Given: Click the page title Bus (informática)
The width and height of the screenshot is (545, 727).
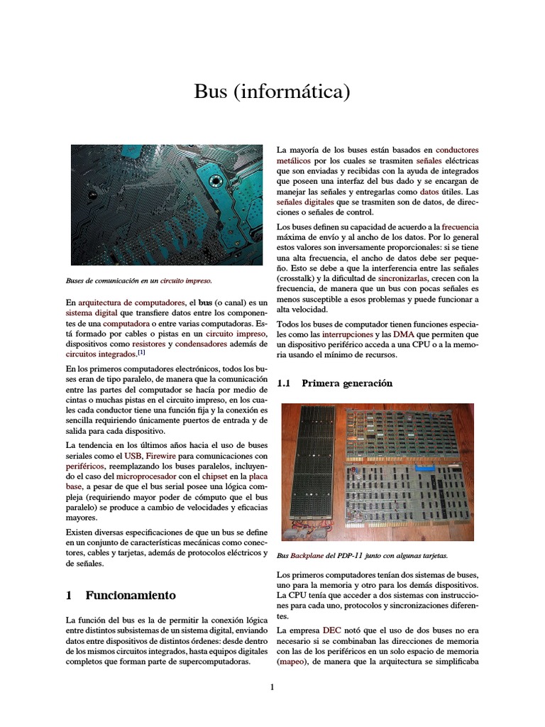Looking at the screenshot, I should click(272, 92).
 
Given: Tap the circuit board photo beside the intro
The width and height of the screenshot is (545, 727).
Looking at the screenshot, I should click(167, 204).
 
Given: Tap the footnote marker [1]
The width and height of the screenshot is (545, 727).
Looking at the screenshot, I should click(142, 352).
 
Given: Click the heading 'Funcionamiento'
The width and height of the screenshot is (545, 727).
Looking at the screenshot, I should click(131, 595).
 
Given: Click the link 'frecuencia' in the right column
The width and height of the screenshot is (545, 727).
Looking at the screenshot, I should click(460, 226).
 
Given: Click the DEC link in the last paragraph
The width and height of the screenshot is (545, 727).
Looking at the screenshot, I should click(331, 630).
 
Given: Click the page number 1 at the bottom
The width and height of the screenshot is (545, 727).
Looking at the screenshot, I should click(272, 688).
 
